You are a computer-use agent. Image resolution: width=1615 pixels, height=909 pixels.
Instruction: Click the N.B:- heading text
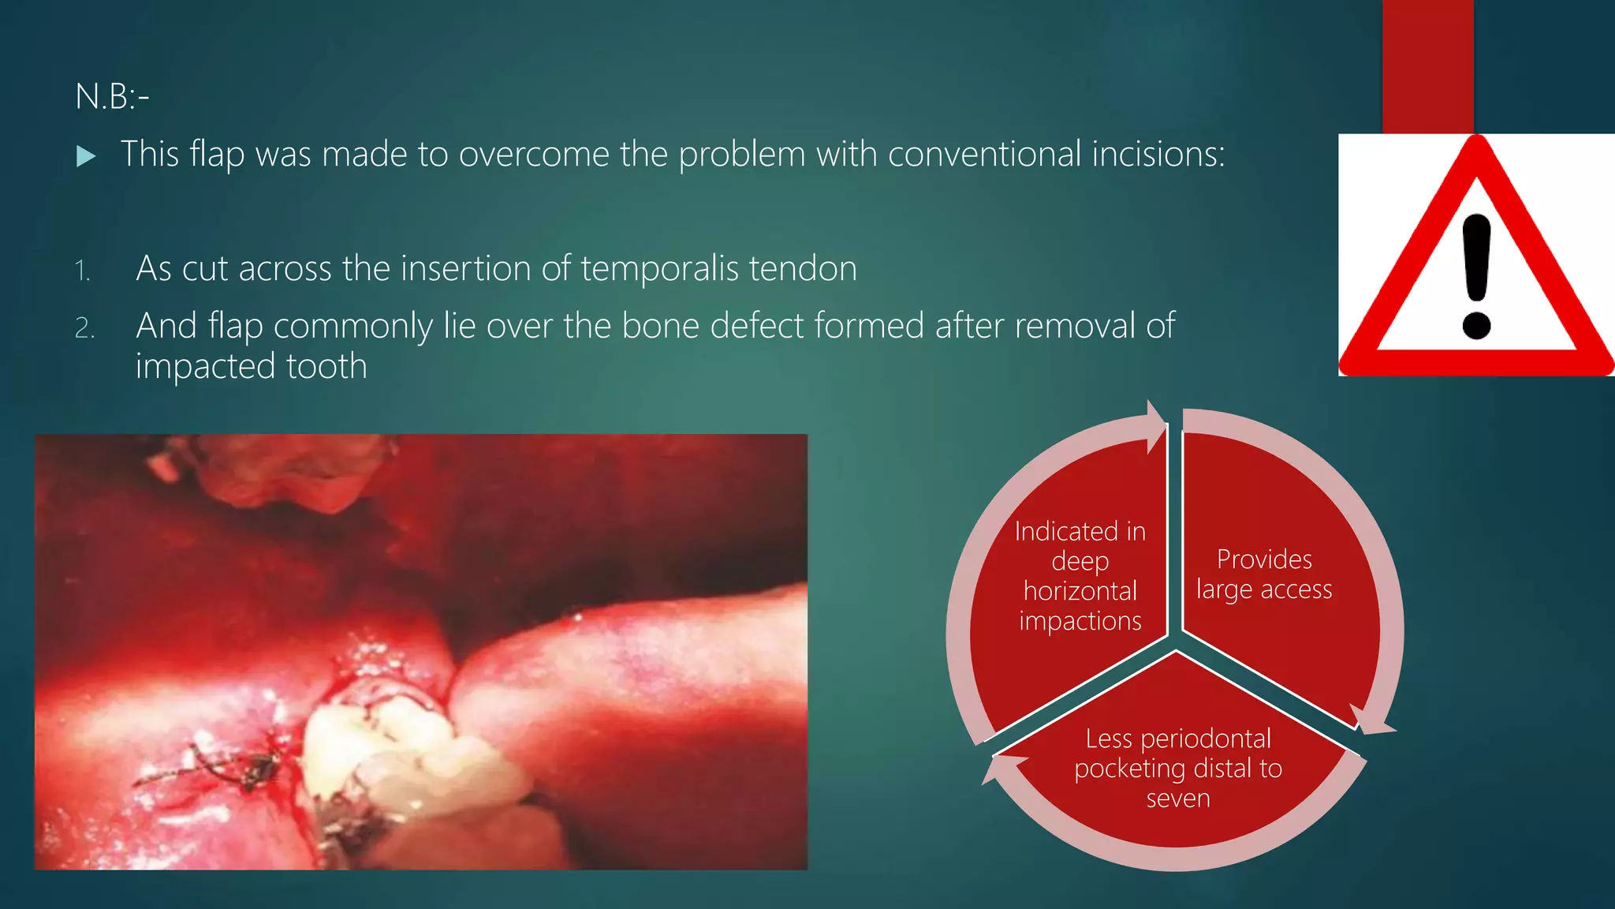(x=112, y=97)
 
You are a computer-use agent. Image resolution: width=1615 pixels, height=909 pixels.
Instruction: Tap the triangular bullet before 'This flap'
(x=86, y=156)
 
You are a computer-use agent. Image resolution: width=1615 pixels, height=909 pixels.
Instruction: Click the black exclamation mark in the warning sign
(x=1475, y=276)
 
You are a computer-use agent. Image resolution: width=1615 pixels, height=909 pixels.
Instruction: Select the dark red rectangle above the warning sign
(x=1427, y=66)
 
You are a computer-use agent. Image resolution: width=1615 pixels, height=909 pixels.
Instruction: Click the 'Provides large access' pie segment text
(x=1263, y=574)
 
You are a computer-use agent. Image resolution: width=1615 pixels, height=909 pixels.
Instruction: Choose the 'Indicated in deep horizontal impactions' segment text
(x=1080, y=576)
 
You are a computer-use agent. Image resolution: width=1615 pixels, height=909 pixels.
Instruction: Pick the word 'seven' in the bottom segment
(x=1177, y=799)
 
